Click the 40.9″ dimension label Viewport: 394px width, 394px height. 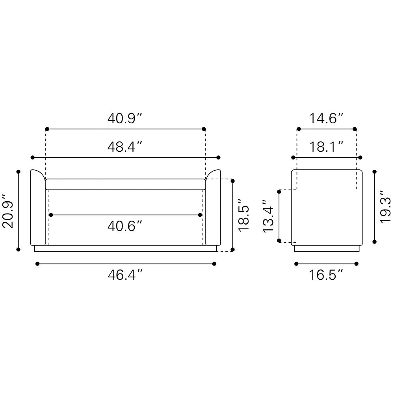125,118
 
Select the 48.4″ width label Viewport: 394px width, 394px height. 125,147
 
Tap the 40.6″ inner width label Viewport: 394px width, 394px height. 125,226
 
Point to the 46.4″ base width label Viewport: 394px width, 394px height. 125,275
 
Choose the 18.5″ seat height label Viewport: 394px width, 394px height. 243,215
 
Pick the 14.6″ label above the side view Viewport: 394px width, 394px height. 326,118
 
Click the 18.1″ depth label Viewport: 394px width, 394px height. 326,147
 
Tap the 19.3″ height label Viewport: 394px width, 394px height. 385,206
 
